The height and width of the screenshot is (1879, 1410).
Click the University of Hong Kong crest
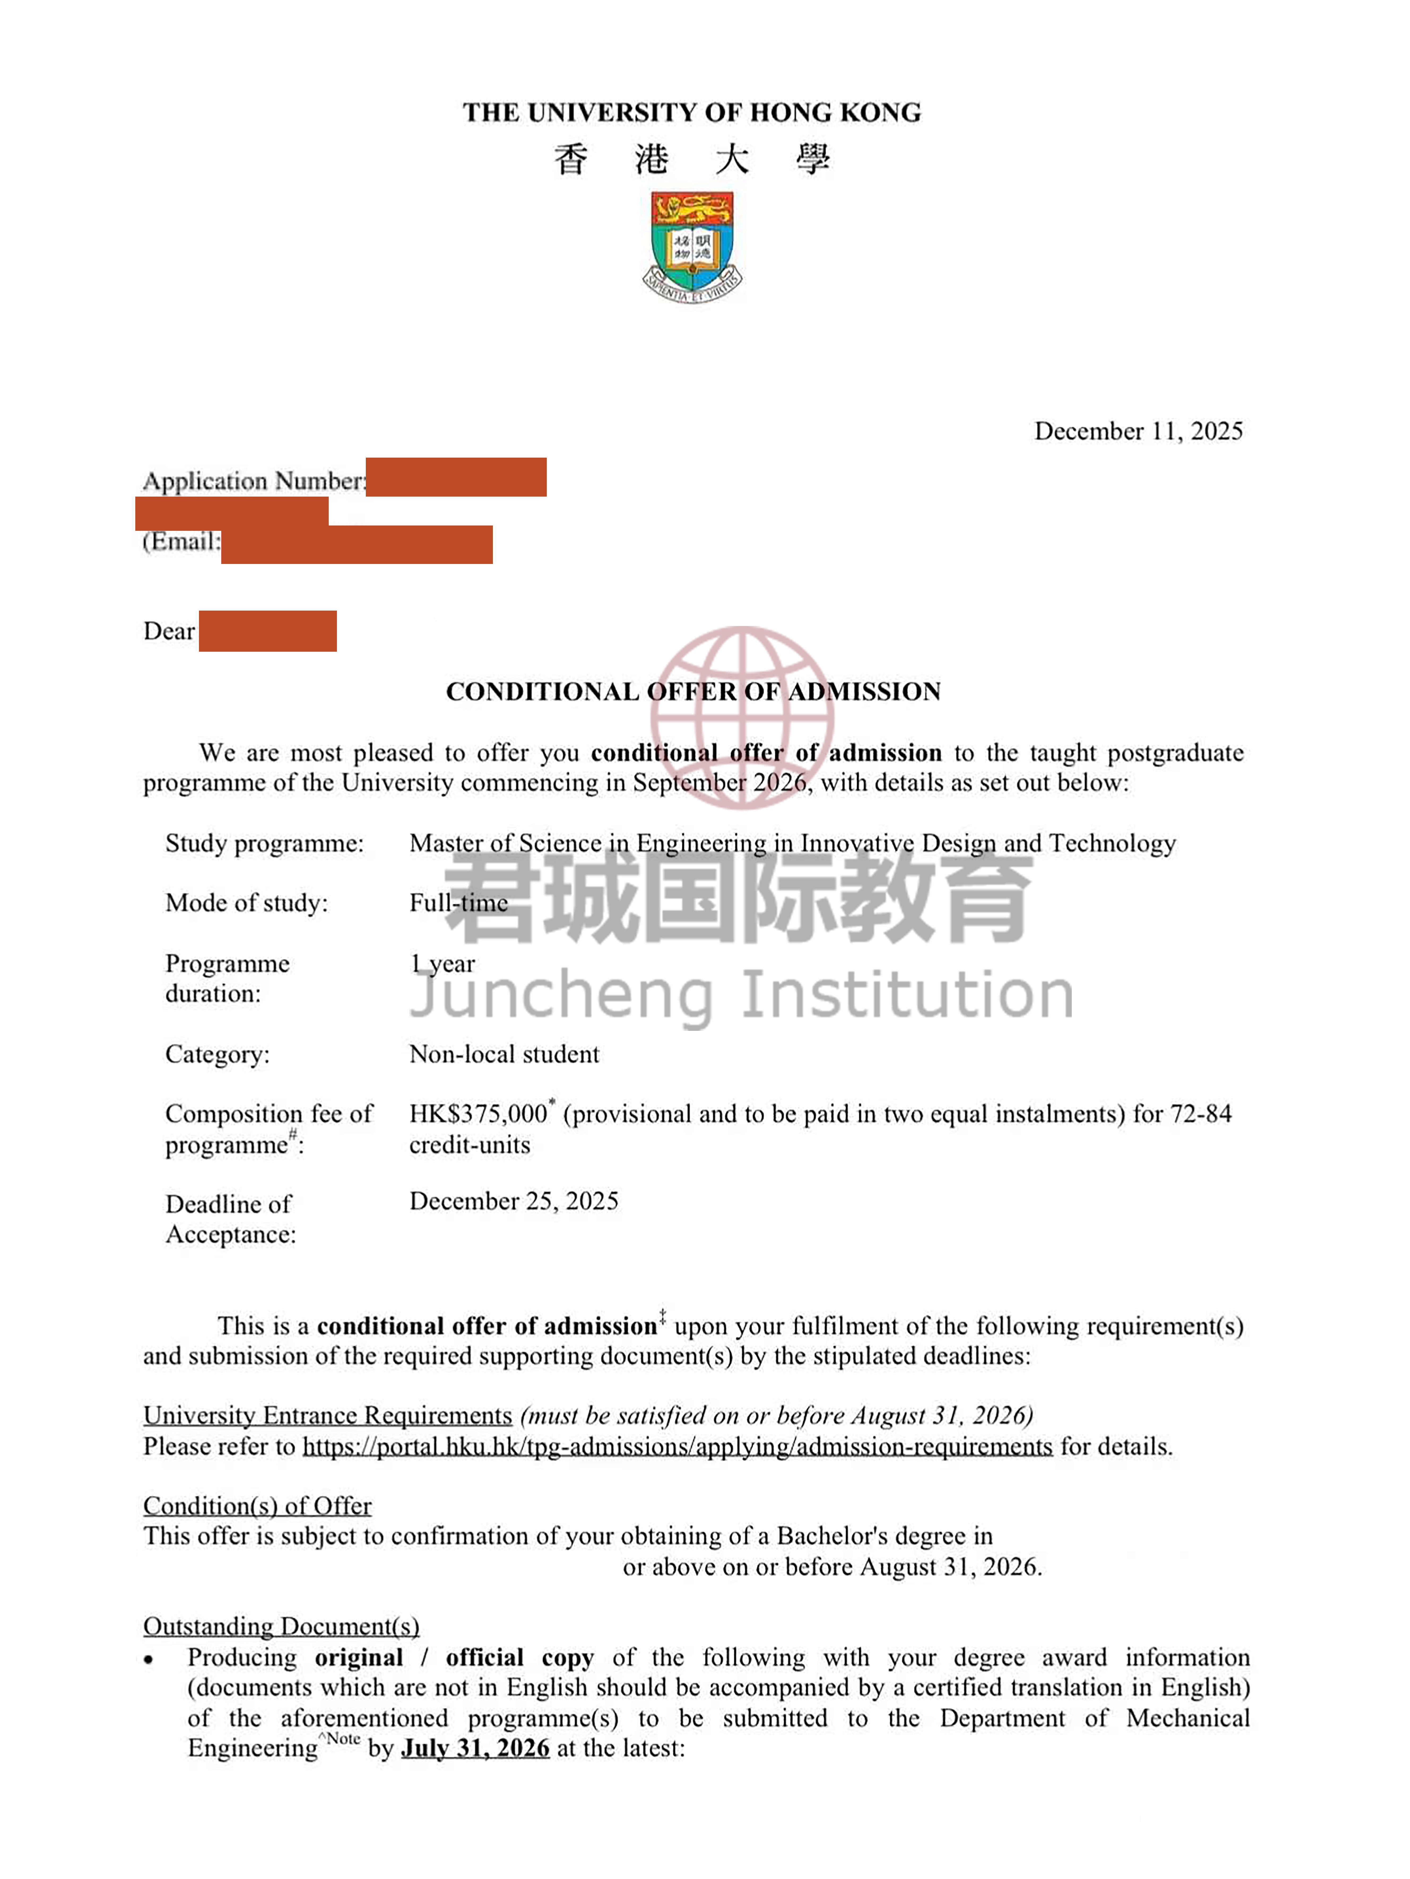pyautogui.click(x=692, y=246)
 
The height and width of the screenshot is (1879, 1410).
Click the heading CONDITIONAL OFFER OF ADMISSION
pyautogui.click(x=693, y=691)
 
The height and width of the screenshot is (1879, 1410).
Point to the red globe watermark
pyautogui.click(x=742, y=718)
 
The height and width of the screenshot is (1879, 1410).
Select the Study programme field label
pyautogui.click(x=264, y=843)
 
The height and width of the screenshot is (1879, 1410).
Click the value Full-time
pyautogui.click(x=459, y=903)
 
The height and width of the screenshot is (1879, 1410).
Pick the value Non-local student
pyautogui.click(x=504, y=1054)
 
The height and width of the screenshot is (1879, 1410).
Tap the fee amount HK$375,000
pyautogui.click(x=479, y=1114)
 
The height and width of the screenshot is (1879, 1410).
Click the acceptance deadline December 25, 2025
pyautogui.click(x=513, y=1201)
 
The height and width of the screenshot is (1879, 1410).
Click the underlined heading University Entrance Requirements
pyautogui.click(x=327, y=1415)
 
